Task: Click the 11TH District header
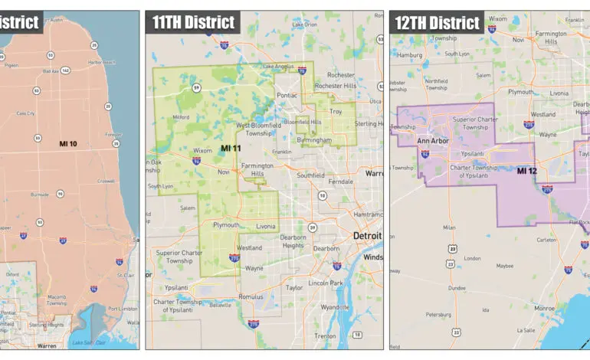193,21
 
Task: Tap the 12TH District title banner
438,21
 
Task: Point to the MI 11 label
231,147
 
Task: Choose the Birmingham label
315,140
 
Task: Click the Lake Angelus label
279,66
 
